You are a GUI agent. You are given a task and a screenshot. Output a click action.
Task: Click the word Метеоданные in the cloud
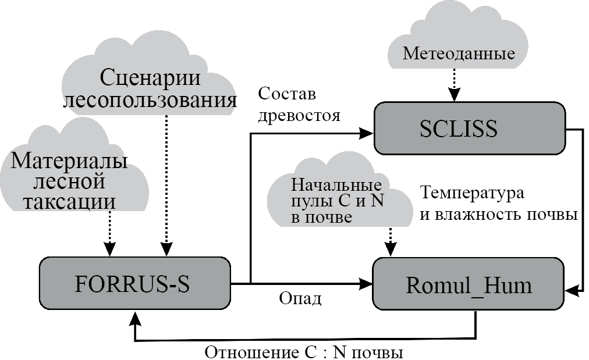click(459, 54)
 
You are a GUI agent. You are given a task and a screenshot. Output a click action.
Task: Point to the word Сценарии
click(150, 77)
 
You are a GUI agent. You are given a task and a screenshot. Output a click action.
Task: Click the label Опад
click(300, 298)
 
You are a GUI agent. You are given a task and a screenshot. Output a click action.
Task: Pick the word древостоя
click(299, 115)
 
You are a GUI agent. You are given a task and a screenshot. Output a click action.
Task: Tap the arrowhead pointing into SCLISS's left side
click(366, 133)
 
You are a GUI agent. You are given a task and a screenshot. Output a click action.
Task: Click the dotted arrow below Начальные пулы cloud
click(390, 238)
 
